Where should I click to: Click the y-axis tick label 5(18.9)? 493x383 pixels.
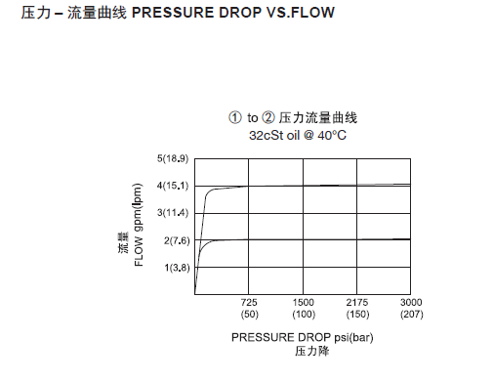point(173,157)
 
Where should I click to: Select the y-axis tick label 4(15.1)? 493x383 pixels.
point(173,186)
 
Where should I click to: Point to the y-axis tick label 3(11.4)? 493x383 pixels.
point(173,212)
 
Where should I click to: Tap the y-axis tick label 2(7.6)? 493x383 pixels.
point(175,240)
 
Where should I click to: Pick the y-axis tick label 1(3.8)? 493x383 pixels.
point(175,267)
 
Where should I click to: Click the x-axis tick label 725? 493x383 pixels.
point(249,302)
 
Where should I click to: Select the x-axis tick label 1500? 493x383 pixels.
point(303,302)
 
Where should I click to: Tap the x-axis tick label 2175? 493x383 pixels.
point(356,302)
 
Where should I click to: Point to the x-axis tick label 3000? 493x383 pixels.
point(410,302)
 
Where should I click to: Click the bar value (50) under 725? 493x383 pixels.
point(249,315)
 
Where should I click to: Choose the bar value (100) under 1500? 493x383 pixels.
point(303,315)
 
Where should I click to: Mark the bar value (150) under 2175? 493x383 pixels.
point(356,315)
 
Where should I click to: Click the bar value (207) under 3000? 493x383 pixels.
point(410,315)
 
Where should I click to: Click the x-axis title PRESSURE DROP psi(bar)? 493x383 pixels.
point(303,337)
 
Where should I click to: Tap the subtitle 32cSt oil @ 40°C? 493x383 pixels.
point(299,135)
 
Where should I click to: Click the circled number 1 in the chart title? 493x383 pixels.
point(235,118)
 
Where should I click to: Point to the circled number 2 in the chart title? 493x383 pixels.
point(270,118)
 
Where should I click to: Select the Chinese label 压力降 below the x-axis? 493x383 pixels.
point(302,351)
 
